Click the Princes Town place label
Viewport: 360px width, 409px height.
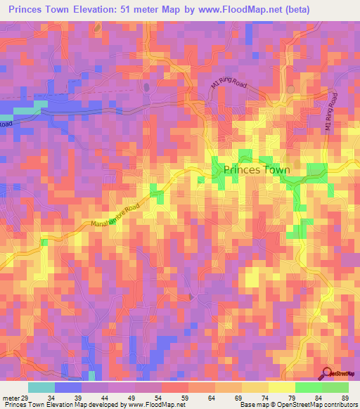(x=256, y=170)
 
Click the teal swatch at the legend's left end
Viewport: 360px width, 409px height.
(x=41, y=387)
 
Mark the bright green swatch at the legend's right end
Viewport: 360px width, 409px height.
(x=335, y=387)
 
